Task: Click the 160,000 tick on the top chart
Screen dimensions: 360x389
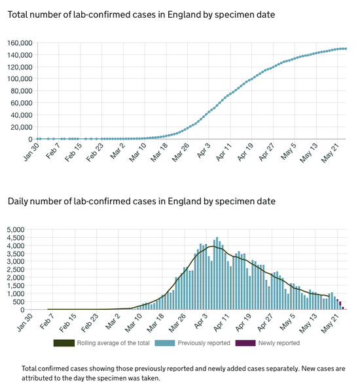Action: pyautogui.click(x=20, y=43)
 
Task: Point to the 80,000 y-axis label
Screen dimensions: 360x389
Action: pyautogui.click(x=22, y=91)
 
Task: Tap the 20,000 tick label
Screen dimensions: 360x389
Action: pyautogui.click(x=22, y=127)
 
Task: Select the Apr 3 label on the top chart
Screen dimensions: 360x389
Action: pyautogui.click(x=204, y=151)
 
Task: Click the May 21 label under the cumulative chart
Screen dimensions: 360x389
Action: pyautogui.click(x=330, y=153)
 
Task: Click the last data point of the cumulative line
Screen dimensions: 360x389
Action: pyautogui.click(x=346, y=48)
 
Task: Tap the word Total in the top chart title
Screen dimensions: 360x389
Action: pyautogui.click(x=16, y=14)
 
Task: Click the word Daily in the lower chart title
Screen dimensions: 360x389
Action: pyautogui.click(x=16, y=201)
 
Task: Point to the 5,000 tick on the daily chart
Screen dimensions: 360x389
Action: pyautogui.click(x=16, y=229)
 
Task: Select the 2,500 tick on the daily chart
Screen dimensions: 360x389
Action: pyautogui.click(x=16, y=269)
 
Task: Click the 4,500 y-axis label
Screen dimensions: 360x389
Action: pyautogui.click(x=16, y=238)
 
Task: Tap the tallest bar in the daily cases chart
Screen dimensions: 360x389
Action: pyautogui.click(x=217, y=273)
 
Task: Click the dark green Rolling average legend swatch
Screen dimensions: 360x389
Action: pyautogui.click(x=64, y=343)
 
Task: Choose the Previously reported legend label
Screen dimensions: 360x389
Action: pyautogui.click(x=204, y=343)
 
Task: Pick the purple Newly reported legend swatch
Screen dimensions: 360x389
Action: pyautogui.click(x=245, y=343)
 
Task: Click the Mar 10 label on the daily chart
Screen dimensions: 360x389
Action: pyautogui.click(x=134, y=323)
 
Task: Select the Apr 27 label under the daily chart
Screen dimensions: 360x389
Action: pyautogui.click(x=265, y=322)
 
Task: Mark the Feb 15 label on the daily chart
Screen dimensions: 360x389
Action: pyautogui.click(x=67, y=323)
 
